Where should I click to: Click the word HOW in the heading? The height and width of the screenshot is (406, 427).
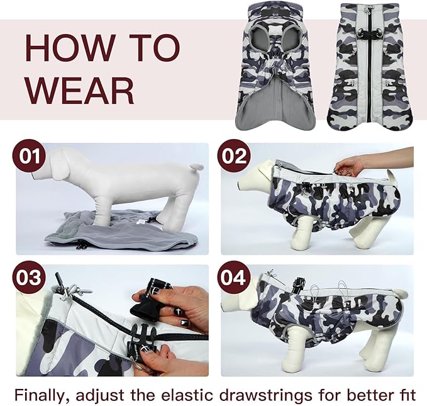[x=69, y=48]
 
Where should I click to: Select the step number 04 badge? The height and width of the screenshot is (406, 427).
[x=233, y=278]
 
